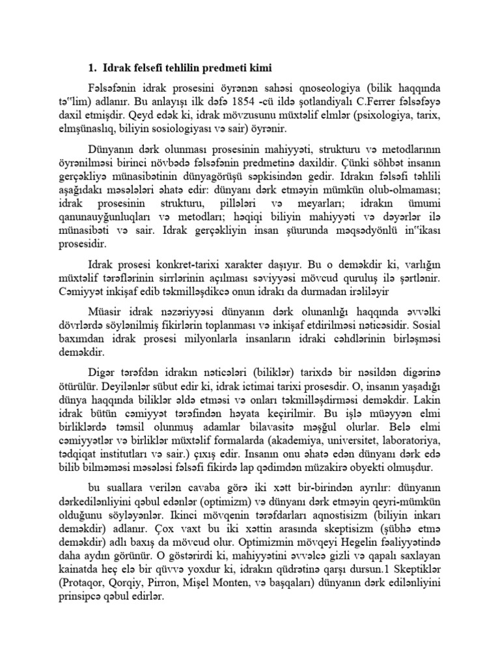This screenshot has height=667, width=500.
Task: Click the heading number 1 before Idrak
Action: pos(92,68)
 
